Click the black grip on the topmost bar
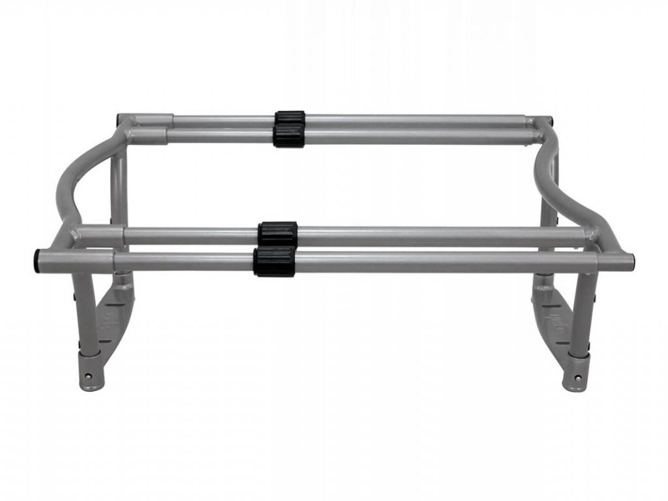(x=290, y=118)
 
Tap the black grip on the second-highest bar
(x=288, y=136)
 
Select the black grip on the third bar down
(x=277, y=232)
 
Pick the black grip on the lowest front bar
(x=275, y=261)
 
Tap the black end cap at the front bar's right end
(x=633, y=263)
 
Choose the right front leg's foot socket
(x=577, y=372)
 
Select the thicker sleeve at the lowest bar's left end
(x=76, y=262)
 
